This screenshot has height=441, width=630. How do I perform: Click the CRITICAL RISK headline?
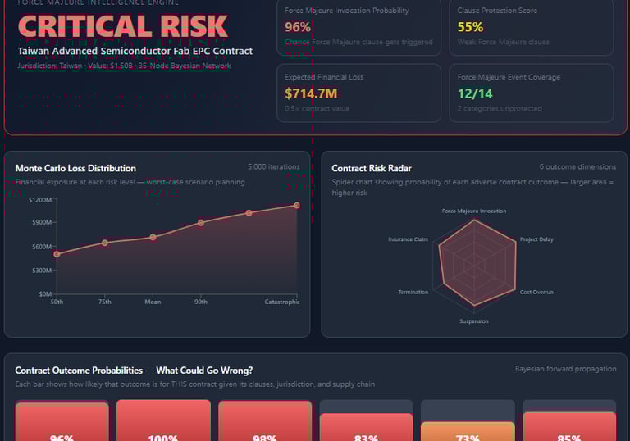tap(123, 26)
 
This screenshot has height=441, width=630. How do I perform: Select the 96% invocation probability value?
tap(298, 27)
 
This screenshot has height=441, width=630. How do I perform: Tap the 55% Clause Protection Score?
tap(470, 27)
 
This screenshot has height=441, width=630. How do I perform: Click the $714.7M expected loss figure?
tap(311, 93)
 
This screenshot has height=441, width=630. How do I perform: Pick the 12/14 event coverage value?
tap(476, 93)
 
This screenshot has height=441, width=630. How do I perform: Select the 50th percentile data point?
tap(57, 254)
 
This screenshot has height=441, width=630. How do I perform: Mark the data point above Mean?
tap(153, 238)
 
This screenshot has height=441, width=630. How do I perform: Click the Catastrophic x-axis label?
tap(282, 302)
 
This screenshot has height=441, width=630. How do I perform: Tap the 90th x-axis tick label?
tap(201, 302)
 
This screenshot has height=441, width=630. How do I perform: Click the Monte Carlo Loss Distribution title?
tap(75, 168)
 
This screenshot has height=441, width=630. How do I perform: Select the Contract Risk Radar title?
tap(372, 168)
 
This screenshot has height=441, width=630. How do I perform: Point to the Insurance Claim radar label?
tap(408, 239)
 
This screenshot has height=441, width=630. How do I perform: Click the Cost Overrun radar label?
tap(536, 292)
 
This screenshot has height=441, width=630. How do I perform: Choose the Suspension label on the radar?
tap(473, 321)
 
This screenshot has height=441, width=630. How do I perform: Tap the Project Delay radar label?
tap(536, 239)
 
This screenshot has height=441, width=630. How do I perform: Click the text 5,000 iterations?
tap(273, 167)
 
